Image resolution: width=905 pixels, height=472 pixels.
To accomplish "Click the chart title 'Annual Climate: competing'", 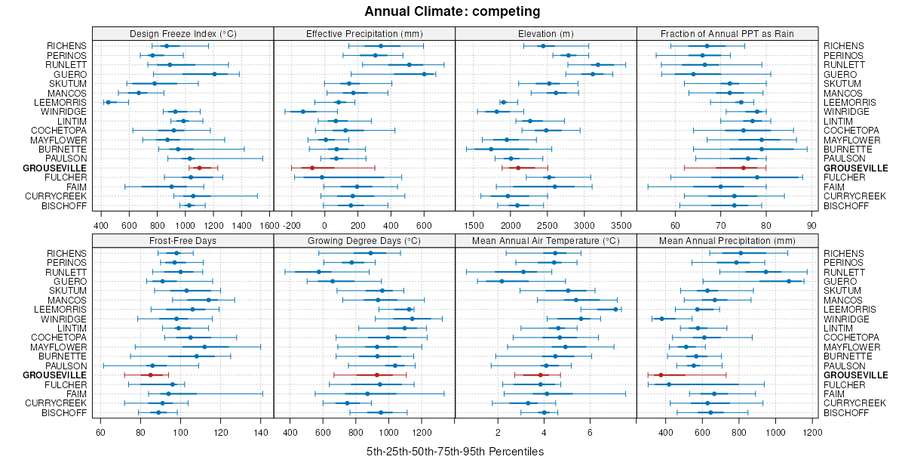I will (x=452, y=11).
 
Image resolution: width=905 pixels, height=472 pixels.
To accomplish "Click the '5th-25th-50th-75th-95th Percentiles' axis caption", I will (x=455, y=452).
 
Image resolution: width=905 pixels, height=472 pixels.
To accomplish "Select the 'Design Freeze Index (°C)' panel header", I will (x=183, y=33).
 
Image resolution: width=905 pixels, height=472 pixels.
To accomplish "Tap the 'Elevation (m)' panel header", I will (x=546, y=33).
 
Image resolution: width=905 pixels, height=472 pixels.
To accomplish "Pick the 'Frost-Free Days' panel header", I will (x=183, y=240).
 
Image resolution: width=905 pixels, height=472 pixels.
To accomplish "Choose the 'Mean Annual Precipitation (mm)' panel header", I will (x=728, y=240).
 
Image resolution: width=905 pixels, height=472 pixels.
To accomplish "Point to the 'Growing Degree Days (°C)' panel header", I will (x=364, y=240).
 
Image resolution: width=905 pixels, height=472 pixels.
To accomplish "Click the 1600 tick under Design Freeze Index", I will (x=269, y=225).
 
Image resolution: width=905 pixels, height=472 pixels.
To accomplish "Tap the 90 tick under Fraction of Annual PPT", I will (x=811, y=225).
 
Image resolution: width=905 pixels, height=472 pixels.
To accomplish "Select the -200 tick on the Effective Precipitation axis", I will (x=291, y=225).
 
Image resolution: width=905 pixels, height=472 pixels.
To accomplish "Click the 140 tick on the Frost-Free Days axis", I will (x=261, y=432).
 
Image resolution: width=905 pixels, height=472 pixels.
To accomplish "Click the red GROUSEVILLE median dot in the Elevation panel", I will (x=518, y=168).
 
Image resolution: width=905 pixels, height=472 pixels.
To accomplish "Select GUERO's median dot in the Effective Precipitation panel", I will (x=424, y=74).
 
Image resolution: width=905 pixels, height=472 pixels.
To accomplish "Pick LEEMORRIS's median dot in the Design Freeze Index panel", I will (x=109, y=102).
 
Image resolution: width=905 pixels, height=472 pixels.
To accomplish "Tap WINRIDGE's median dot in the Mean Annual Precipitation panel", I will (x=662, y=319).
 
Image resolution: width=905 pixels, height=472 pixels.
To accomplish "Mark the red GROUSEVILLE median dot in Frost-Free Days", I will (x=150, y=375).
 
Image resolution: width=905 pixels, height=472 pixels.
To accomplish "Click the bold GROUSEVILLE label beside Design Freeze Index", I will (x=55, y=168).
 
